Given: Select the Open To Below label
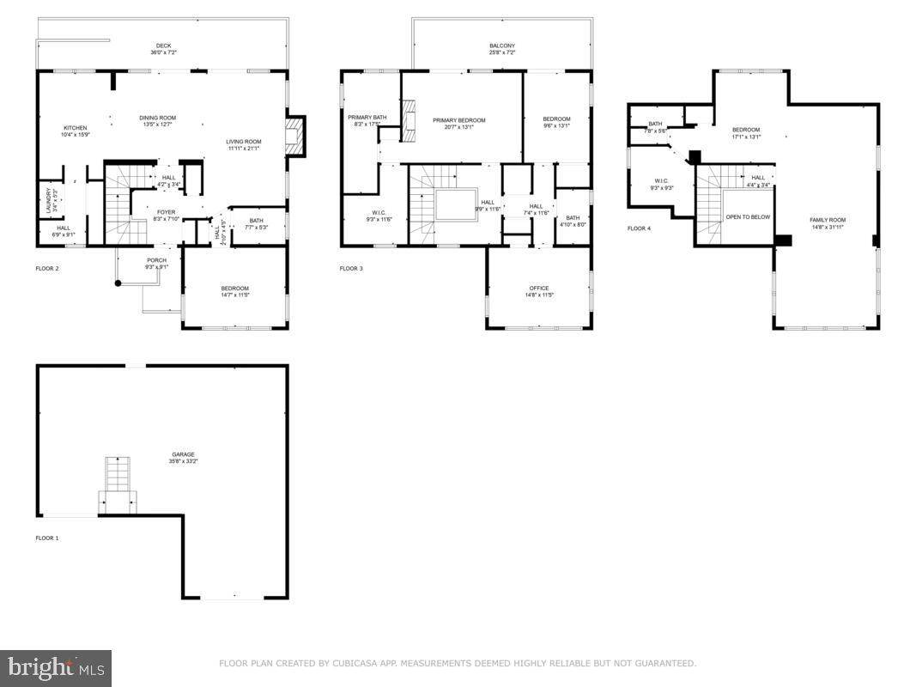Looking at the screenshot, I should [748, 217].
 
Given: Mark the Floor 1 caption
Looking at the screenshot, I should [47, 538].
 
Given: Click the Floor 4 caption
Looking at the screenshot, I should [639, 228].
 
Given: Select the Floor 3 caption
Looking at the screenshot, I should [351, 269].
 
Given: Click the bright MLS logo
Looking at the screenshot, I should [56, 667].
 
